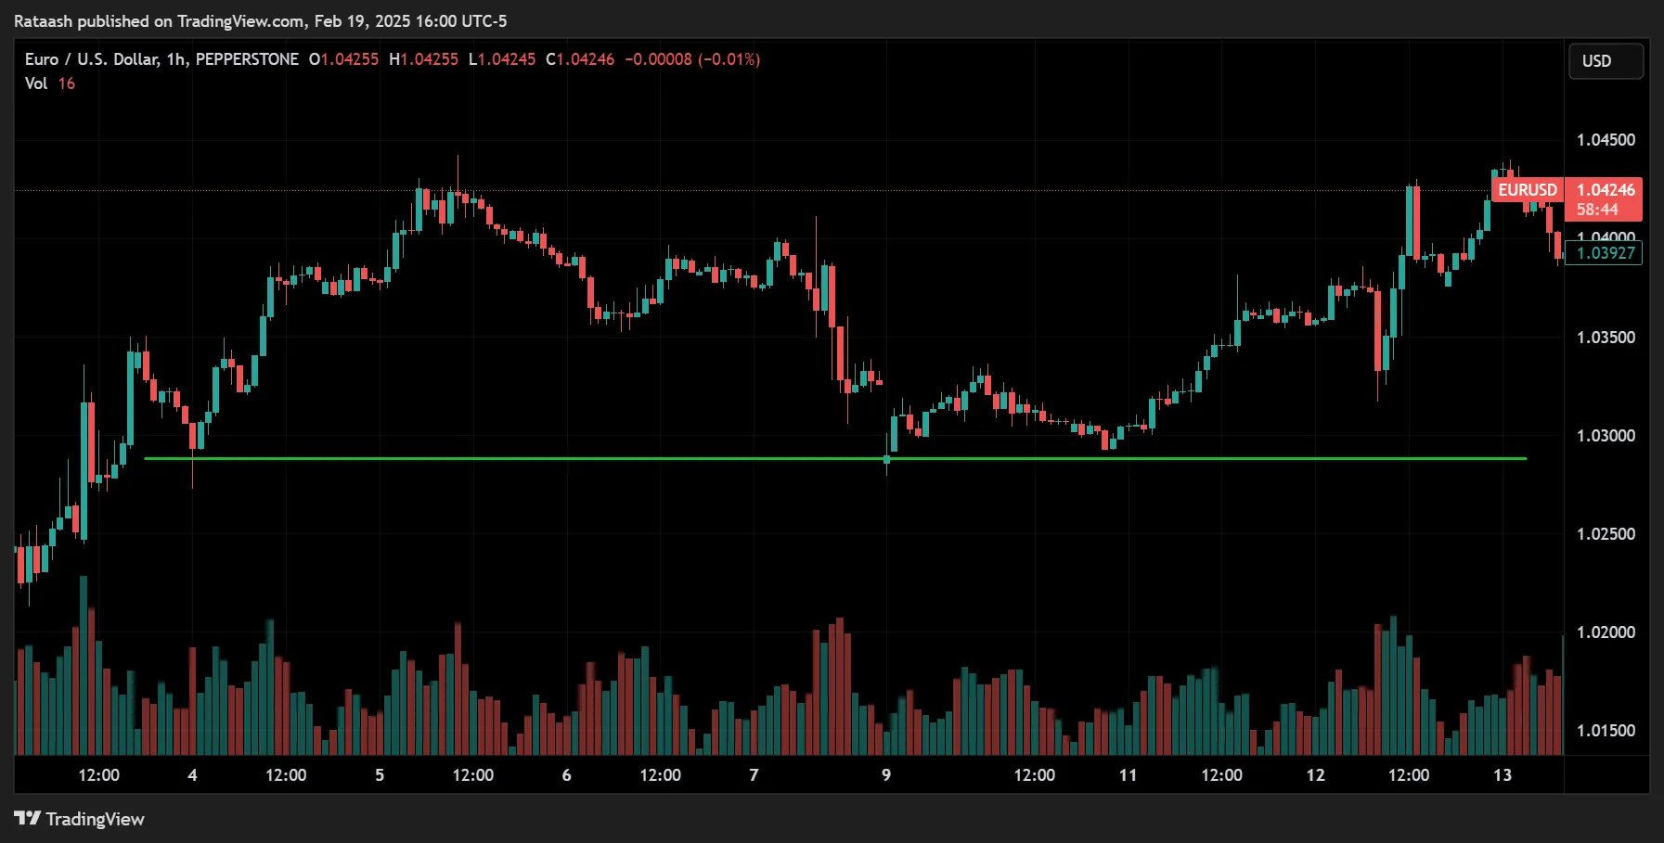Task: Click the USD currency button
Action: (x=1606, y=61)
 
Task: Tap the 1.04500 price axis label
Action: (x=1606, y=140)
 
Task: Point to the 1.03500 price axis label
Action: (x=1606, y=338)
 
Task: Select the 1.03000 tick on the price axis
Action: (x=1606, y=436)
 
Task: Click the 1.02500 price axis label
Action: (x=1606, y=534)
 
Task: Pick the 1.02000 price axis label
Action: (x=1606, y=632)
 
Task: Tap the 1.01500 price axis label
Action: (x=1606, y=731)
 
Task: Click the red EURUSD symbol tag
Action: (x=1528, y=190)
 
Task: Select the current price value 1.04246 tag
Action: (x=1606, y=190)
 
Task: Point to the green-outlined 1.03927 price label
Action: (x=1605, y=253)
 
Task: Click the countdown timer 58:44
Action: (x=1596, y=210)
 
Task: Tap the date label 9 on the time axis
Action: (x=886, y=775)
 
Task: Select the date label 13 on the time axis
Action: (x=1502, y=775)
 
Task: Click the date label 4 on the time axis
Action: (x=192, y=775)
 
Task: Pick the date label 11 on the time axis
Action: (x=1128, y=775)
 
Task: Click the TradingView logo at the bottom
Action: (x=80, y=819)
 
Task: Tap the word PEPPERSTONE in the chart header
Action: (x=247, y=59)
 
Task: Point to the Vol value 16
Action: (x=67, y=83)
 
